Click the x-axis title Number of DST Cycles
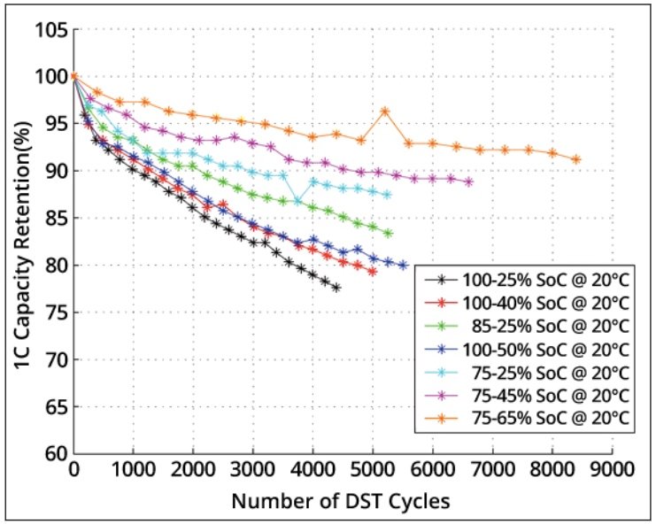[341, 501]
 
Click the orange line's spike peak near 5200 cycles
[385, 112]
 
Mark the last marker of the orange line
[576, 159]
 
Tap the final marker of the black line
[336, 288]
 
